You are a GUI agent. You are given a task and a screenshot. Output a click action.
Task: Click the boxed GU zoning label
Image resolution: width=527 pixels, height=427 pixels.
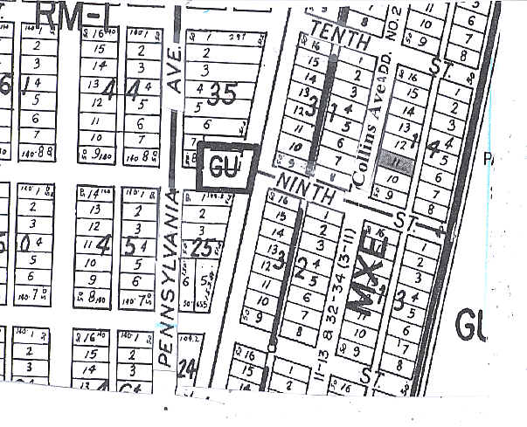[226, 165]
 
